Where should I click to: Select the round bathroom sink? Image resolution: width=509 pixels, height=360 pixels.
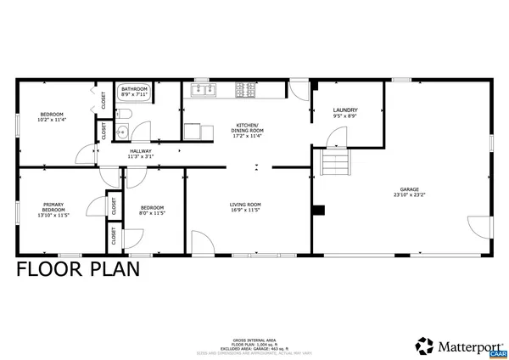coord(120,132)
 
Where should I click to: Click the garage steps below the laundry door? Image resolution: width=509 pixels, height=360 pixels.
coord(334,163)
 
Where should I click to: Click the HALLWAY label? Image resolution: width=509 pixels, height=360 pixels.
coord(140,153)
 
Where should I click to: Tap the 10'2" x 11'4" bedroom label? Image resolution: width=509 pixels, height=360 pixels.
coord(52,117)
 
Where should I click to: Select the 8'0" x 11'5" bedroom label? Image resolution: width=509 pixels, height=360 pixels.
coord(152,210)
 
